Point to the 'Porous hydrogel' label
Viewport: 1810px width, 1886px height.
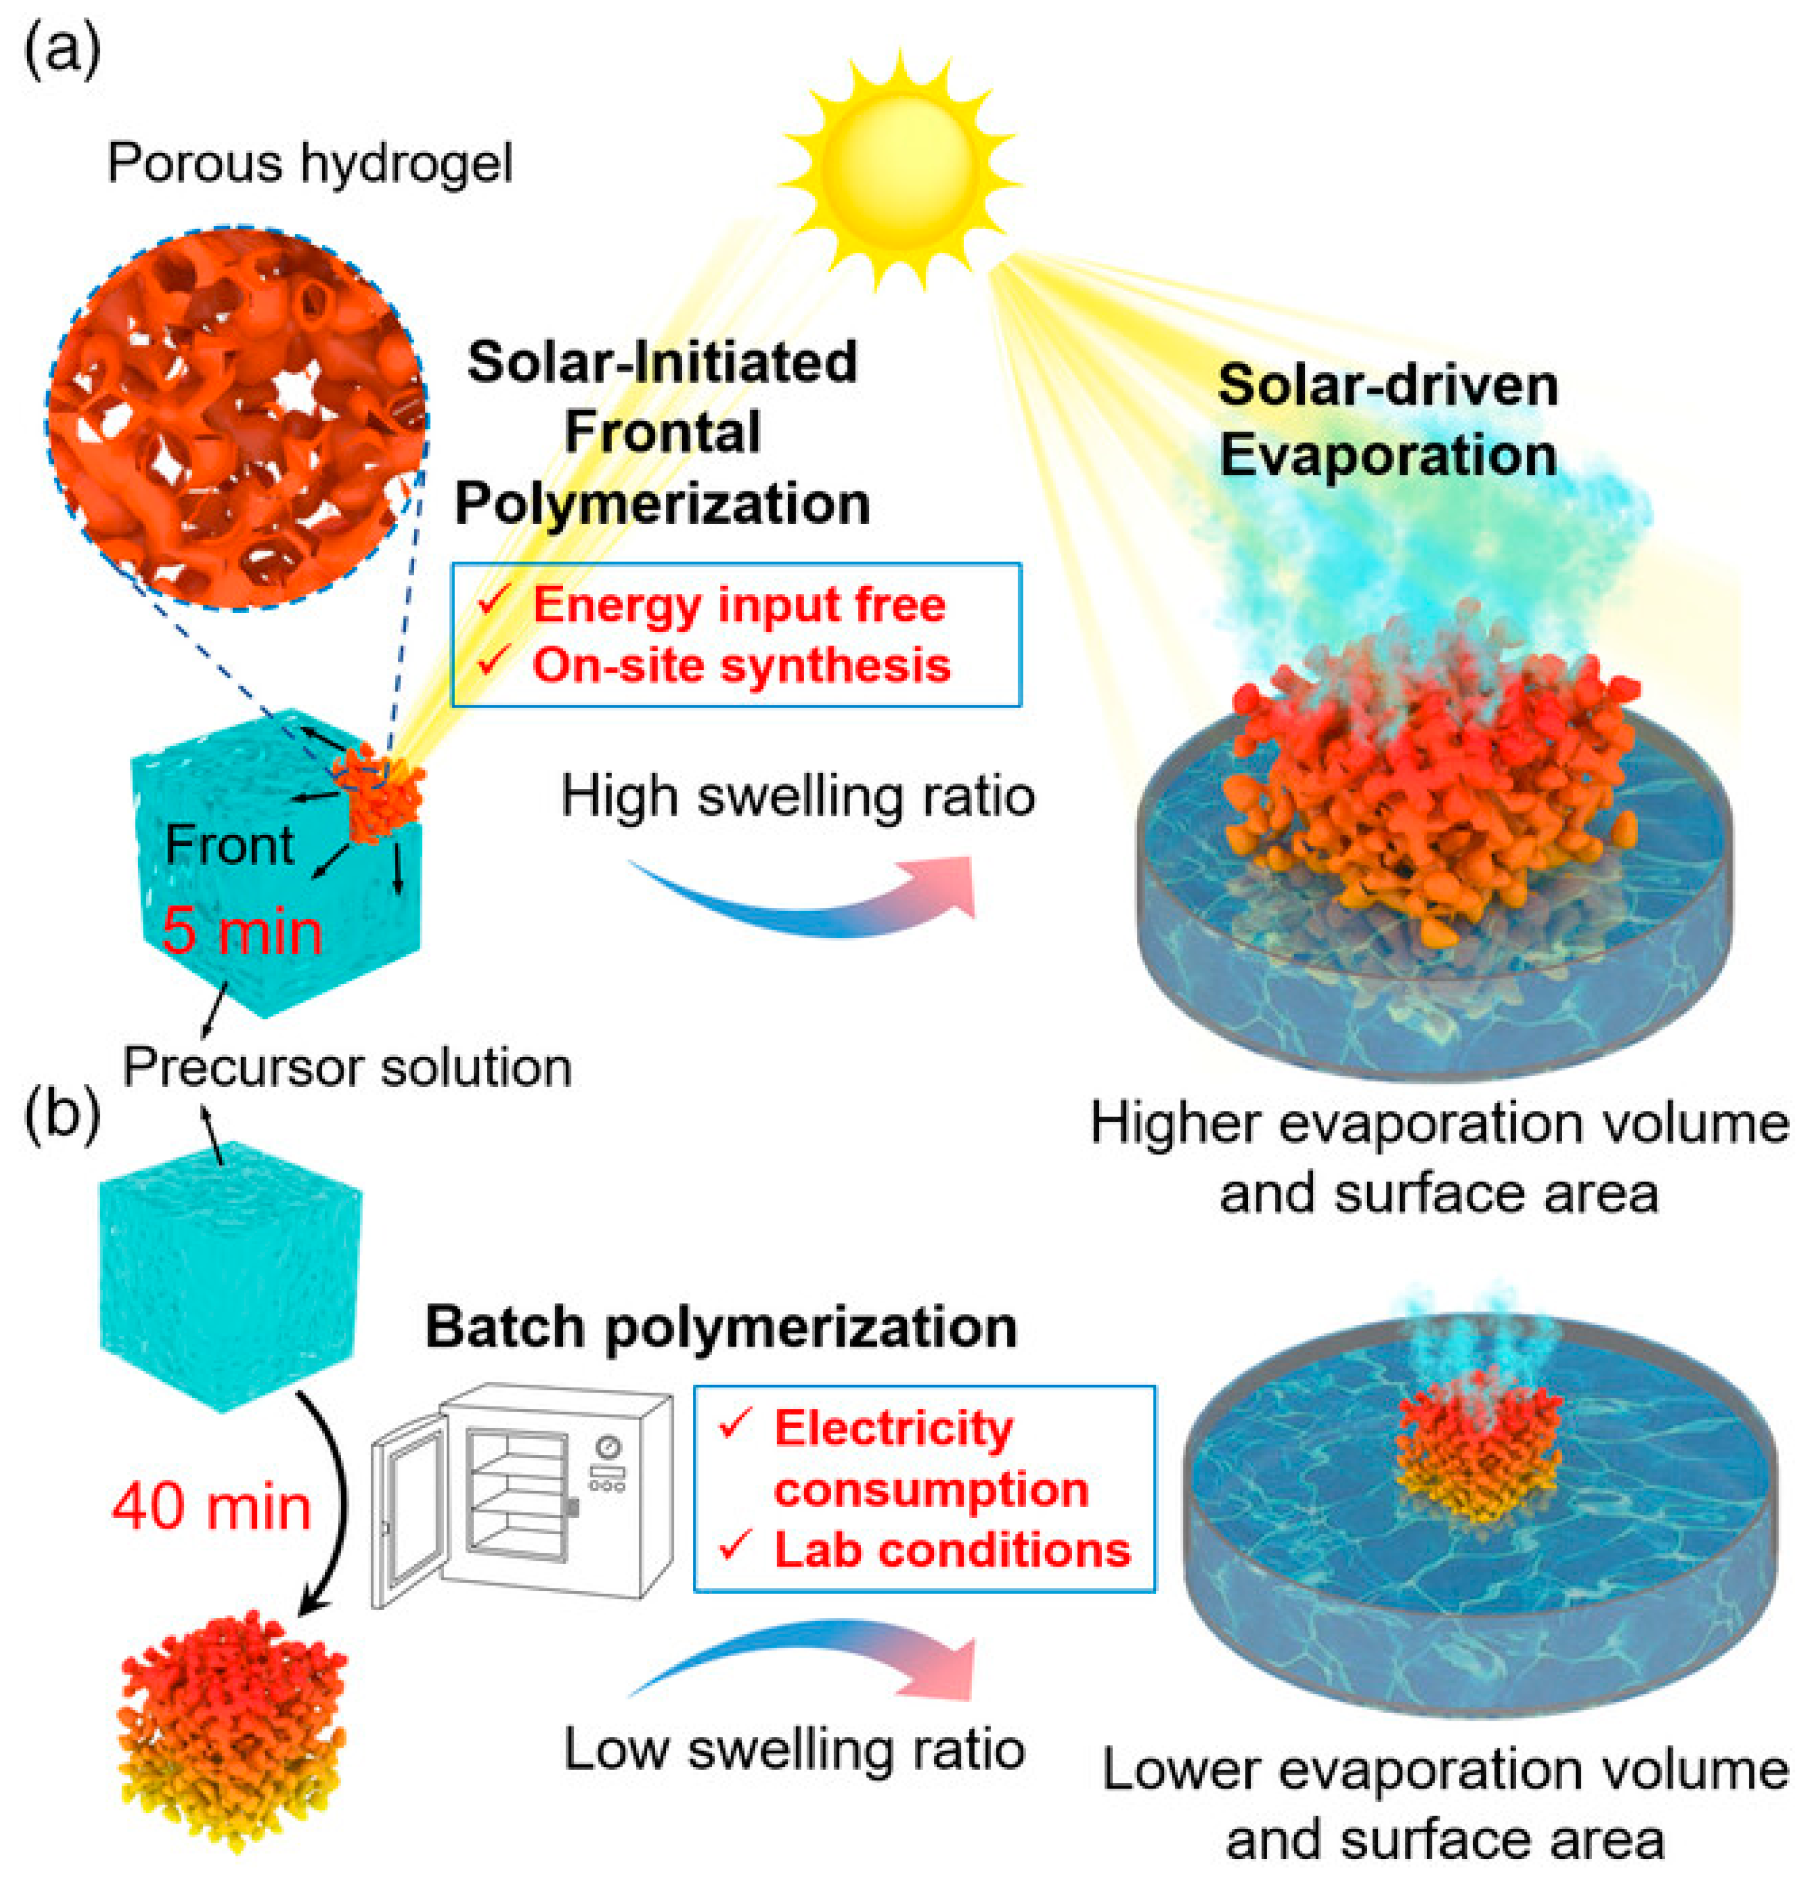(310, 164)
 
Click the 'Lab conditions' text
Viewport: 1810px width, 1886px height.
(952, 1549)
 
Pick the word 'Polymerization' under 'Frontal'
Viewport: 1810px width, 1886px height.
(662, 504)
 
